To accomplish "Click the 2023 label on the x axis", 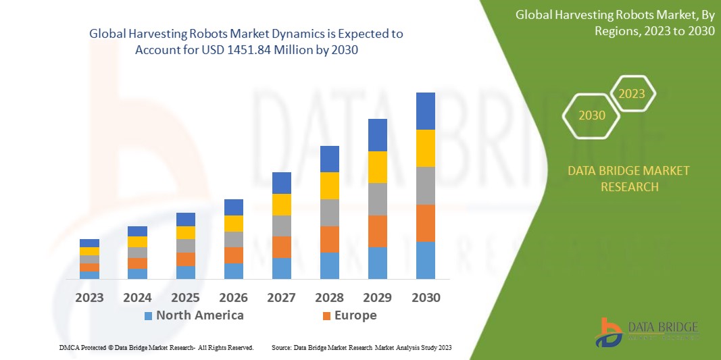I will coord(89,297).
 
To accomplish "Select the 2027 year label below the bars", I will coord(281,297).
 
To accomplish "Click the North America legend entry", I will coord(193,315).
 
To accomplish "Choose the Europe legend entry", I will coord(349,315).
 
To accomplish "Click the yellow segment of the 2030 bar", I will coord(425,148).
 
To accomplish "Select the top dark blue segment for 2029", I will coord(377,135).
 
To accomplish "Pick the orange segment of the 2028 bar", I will coord(329,239).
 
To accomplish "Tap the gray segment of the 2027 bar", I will coord(281,226).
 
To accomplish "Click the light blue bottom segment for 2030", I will coord(425,260).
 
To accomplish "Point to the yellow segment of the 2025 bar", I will coord(185,232).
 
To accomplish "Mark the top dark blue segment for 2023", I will coord(89,243).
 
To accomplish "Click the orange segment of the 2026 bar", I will coord(233,255).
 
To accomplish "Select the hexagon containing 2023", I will coord(632,94).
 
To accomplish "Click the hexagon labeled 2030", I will coord(592,115).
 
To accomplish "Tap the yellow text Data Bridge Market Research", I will coord(629,178).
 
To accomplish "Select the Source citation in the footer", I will coord(361,347).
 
